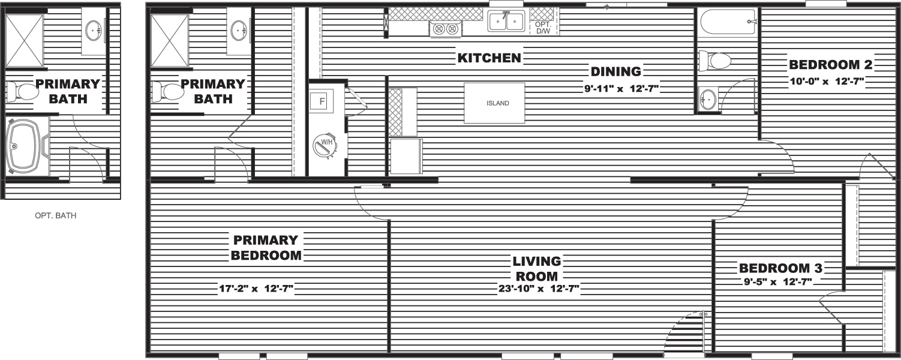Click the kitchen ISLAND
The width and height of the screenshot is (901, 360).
tap(494, 103)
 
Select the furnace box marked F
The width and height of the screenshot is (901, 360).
tap(322, 101)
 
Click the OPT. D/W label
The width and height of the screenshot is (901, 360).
tap(543, 28)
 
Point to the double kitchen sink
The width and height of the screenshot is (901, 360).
tap(506, 21)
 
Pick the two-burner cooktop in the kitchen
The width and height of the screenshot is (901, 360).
tap(446, 29)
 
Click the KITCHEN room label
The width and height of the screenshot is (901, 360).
tap(489, 58)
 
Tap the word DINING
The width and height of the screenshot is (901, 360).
tap(615, 71)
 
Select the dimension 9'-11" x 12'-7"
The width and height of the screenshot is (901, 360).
tap(621, 88)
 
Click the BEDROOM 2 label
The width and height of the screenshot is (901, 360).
tap(831, 64)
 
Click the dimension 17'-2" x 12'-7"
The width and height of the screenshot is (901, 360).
tap(256, 289)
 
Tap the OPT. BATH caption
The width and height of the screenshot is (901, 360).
tap(56, 215)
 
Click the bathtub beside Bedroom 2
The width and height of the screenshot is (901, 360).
tap(728, 23)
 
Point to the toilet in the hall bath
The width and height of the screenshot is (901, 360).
tap(714, 61)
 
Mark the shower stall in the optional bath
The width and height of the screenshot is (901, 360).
tap(24, 41)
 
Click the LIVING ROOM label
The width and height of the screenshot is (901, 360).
tap(536, 269)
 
